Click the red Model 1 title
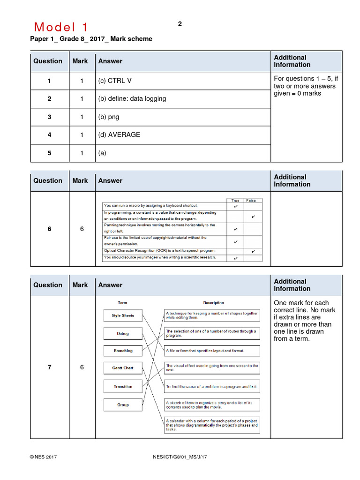click(61, 27)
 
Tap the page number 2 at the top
click(180, 24)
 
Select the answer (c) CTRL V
click(115, 81)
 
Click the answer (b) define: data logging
click(132, 99)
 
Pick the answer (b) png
click(109, 117)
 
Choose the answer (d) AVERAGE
click(119, 135)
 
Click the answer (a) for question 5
click(103, 153)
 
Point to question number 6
click(49, 229)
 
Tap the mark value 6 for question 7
click(82, 367)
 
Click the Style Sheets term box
click(123, 315)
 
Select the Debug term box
click(123, 334)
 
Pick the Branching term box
click(123, 351)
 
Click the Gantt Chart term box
click(123, 368)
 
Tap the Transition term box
click(123, 387)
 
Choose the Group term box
click(123, 405)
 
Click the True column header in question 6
click(235, 200)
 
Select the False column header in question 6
click(252, 200)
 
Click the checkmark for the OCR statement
click(253, 251)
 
